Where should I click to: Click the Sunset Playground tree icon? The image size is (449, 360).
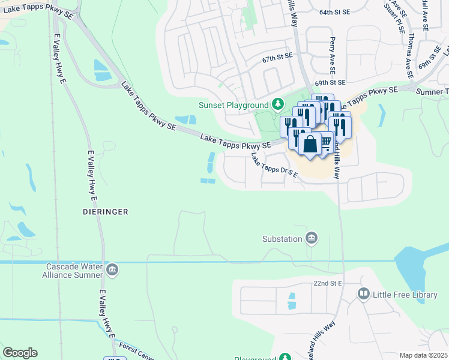click(277, 105)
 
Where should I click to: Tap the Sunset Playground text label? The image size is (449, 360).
click(234, 106)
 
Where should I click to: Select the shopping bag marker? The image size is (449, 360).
click(310, 145)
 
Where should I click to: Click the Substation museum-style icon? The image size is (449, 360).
click(312, 239)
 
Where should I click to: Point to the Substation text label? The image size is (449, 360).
click(282, 239)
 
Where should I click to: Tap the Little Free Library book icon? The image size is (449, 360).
click(363, 294)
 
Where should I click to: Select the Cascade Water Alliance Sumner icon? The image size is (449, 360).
click(112, 271)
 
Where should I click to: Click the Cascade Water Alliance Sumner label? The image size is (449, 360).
click(75, 271)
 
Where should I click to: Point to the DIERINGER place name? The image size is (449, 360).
click(106, 212)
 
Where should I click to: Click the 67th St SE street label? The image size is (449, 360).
click(277, 59)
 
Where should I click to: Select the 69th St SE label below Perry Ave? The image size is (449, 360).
click(330, 82)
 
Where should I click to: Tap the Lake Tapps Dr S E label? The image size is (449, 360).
click(274, 166)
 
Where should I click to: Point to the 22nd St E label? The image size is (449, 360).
click(327, 283)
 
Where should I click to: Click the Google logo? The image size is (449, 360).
click(20, 353)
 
